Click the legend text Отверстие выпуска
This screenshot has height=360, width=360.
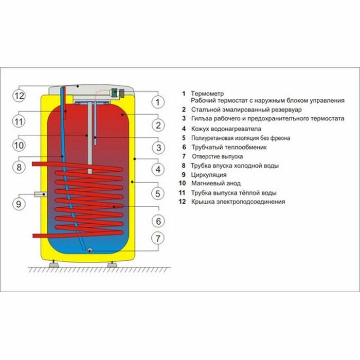pos(218,156)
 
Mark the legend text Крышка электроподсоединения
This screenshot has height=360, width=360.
pos(237,202)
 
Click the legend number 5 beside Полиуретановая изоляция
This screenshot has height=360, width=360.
pos(184,138)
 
